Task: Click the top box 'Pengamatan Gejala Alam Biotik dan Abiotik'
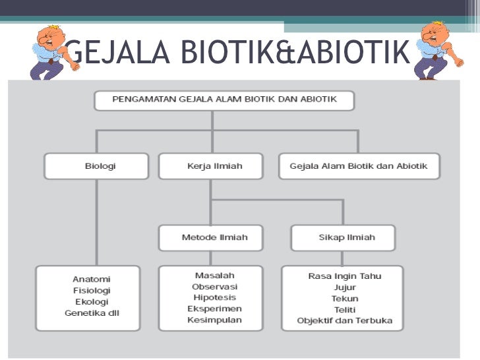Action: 225,100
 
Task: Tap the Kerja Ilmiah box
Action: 210,166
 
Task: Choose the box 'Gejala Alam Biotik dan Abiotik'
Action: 359,166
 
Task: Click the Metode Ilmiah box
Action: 210,237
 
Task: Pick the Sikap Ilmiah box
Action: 343,237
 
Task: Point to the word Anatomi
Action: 92,279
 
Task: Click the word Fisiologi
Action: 92,290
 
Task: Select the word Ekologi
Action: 92,301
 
